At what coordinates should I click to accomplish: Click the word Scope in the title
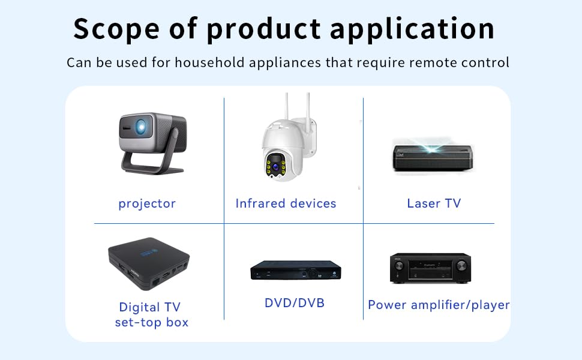pos(116,29)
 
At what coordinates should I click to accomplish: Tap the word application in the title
pos(412,29)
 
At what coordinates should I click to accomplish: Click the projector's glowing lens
pos(140,127)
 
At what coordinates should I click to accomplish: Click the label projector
pos(147,204)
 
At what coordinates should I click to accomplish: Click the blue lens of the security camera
pos(275,167)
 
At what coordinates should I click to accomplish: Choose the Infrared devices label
pos(286,203)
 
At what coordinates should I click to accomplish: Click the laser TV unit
pos(433,157)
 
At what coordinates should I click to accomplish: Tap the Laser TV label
pos(434,203)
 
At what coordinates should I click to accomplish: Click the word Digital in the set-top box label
pos(140,308)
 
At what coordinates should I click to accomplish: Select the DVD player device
pos(295,270)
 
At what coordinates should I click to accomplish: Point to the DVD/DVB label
pos(295,303)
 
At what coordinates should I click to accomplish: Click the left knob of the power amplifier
pos(399,266)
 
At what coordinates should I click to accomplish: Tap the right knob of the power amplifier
pos(461,265)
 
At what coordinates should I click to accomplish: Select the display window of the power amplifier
pos(431,269)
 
